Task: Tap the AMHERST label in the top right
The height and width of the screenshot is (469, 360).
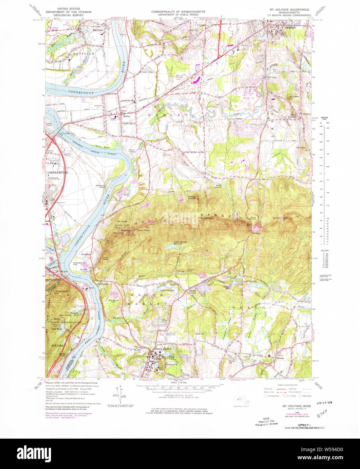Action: click(x=289, y=28)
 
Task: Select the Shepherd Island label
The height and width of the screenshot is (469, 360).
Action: click(x=100, y=186)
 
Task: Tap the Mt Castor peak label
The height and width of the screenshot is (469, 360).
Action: click(x=294, y=97)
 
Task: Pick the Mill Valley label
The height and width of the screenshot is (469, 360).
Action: click(x=272, y=78)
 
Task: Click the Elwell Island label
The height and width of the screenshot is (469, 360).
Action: click(x=50, y=125)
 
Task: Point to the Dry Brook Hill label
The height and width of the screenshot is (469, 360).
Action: click(x=113, y=301)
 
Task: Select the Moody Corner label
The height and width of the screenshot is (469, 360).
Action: click(x=192, y=292)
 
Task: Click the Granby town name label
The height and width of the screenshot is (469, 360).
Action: click(x=280, y=358)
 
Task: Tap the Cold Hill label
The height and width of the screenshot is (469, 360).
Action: click(x=200, y=334)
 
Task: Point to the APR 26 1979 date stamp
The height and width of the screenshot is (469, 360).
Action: click(x=325, y=403)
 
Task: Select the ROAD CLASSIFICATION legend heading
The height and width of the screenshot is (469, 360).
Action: click(x=287, y=385)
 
